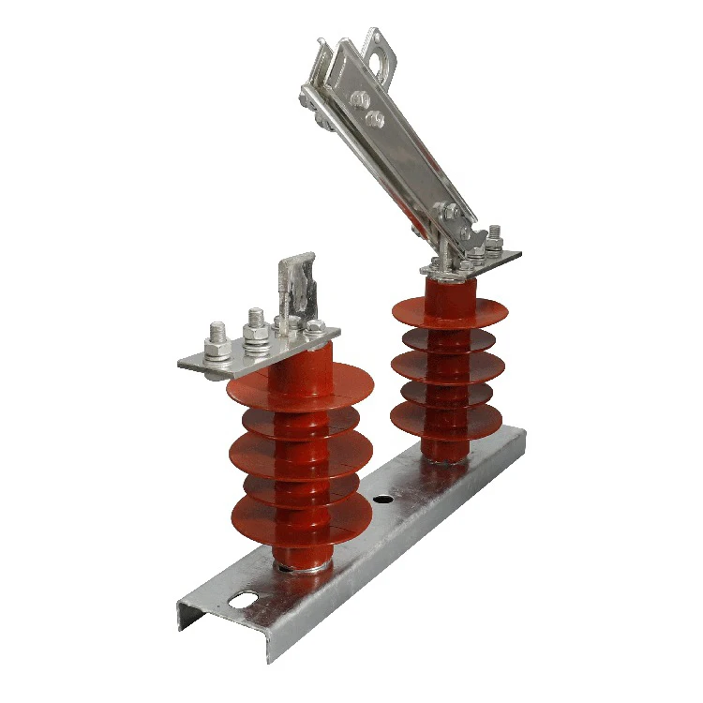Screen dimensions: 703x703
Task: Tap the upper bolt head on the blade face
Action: point(361,99)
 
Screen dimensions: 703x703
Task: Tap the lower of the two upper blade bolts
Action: point(375,118)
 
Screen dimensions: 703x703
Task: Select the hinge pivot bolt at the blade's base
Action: point(452,213)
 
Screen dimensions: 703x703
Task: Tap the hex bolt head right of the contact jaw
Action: point(316,328)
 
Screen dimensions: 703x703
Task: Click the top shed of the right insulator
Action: point(450,310)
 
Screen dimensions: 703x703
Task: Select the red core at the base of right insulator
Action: point(441,448)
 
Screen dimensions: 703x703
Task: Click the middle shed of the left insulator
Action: point(300,455)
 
